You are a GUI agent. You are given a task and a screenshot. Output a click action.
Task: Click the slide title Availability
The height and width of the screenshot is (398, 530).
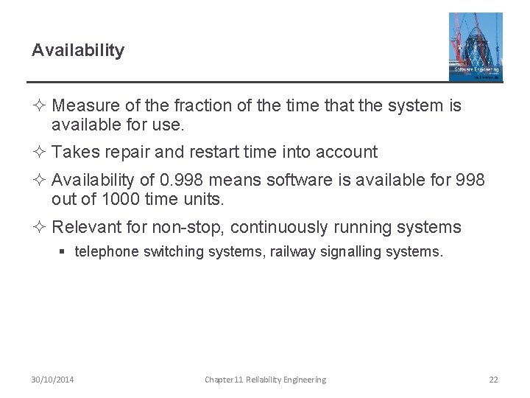78,51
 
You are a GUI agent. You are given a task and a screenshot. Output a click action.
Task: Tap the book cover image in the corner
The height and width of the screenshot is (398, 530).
476,46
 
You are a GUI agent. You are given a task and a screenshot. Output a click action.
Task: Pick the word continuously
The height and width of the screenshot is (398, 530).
281,227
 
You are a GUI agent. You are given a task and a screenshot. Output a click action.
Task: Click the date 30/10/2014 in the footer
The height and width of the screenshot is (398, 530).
52,380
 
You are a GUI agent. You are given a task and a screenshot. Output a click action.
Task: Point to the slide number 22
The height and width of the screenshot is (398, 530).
493,380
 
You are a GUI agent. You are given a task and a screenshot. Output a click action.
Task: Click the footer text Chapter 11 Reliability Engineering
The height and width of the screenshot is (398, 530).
265,380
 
